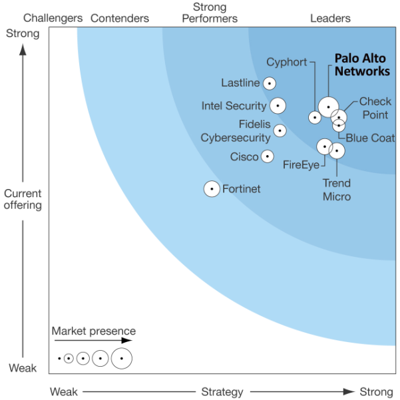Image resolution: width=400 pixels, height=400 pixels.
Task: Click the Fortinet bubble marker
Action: (212, 189)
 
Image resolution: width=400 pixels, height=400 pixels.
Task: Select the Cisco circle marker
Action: (268, 156)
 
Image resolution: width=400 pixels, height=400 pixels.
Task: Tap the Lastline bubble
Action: (270, 83)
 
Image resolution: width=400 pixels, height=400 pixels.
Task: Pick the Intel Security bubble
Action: (278, 106)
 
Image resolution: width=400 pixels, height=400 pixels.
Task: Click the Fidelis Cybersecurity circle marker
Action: (280, 130)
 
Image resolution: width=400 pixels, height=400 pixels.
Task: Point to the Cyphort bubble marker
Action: (315, 117)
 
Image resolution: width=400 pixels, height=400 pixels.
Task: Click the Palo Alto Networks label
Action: (362, 65)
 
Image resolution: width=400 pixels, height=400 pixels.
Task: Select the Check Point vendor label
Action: (375, 108)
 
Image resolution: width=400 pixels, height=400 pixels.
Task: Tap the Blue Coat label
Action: (370, 138)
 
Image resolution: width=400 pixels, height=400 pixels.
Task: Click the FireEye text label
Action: (301, 165)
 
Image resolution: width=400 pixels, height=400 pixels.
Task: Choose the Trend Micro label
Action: (337, 190)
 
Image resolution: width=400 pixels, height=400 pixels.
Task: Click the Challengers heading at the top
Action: (53, 18)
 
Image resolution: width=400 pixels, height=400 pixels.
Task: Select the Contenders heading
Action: (120, 19)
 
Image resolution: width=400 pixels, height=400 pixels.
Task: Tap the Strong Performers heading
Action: (210, 13)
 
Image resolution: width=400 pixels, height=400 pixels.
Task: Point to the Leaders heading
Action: (330, 19)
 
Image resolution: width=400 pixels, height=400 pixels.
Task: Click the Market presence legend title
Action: (94, 331)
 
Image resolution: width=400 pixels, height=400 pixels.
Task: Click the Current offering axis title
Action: (23, 199)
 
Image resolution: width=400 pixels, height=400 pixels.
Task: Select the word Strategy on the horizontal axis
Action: (222, 392)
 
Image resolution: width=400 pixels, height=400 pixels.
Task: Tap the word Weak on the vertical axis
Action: (23, 368)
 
